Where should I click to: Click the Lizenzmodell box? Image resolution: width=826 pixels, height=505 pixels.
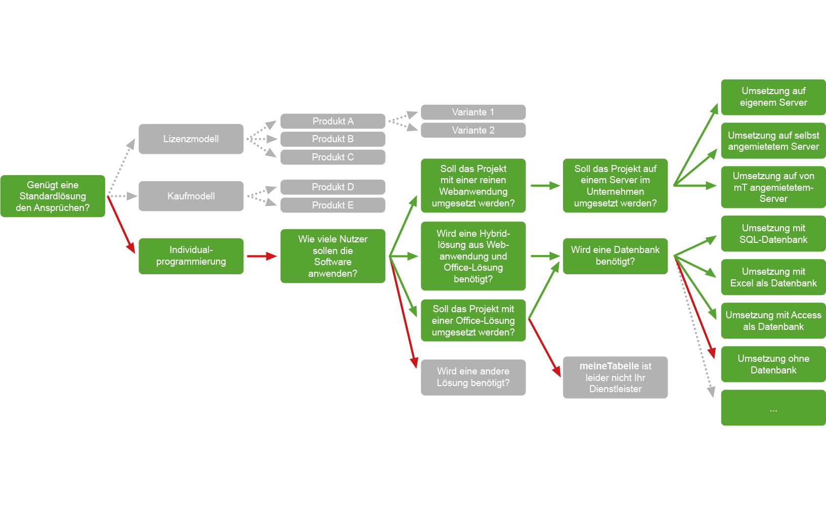[x=191, y=139]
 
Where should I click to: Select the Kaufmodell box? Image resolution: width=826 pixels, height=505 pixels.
[x=191, y=196]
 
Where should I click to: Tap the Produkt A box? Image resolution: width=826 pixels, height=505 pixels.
[x=332, y=121]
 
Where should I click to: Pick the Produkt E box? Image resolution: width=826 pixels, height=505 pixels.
[x=332, y=205]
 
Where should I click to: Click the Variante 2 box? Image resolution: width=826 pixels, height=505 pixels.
[x=473, y=130]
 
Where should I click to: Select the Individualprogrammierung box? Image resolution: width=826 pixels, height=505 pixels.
[x=191, y=256]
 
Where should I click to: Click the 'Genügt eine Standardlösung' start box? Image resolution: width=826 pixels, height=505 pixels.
[x=53, y=196]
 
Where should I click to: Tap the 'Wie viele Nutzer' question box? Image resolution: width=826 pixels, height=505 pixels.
[x=332, y=256]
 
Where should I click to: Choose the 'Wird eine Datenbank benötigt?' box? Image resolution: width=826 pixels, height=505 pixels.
[x=615, y=256]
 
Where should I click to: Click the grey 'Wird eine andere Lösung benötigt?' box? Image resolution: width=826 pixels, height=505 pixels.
[x=473, y=377]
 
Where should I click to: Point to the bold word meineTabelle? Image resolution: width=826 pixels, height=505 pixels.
[x=608, y=366]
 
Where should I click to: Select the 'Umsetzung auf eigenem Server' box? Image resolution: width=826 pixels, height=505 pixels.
[x=773, y=97]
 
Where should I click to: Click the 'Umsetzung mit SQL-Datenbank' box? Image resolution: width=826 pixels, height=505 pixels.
[x=773, y=234]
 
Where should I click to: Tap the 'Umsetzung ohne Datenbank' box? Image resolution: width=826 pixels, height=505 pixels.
[x=773, y=364]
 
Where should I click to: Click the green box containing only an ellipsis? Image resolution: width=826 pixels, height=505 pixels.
[x=773, y=408]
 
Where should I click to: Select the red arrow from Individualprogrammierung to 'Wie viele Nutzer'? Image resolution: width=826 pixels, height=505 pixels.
[x=262, y=256]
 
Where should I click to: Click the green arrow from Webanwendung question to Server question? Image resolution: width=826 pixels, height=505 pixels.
[x=545, y=186]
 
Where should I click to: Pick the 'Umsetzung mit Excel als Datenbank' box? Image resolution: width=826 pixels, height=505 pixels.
[x=773, y=277]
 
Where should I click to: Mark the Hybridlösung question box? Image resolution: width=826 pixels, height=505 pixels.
[x=473, y=256]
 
